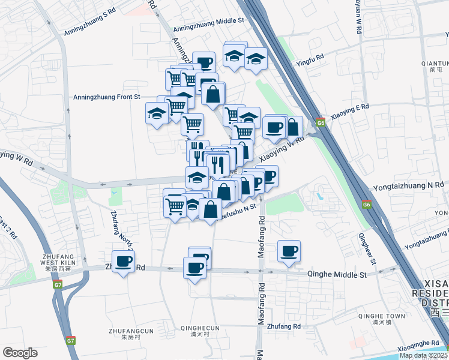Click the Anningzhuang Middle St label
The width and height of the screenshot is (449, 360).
coord(208,20)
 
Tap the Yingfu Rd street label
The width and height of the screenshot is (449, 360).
coord(310,56)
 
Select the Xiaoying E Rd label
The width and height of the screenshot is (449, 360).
coord(349,115)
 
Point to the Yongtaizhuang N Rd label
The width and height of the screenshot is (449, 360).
coord(408,187)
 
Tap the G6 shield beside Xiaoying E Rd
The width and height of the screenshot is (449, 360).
coord(321,123)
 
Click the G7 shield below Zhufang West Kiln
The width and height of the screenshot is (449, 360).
coord(58,284)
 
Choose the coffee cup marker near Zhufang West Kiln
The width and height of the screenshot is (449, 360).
coord(124,261)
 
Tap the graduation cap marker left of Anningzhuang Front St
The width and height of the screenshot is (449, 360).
coord(157,113)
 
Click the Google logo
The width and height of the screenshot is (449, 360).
coord(20,353)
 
